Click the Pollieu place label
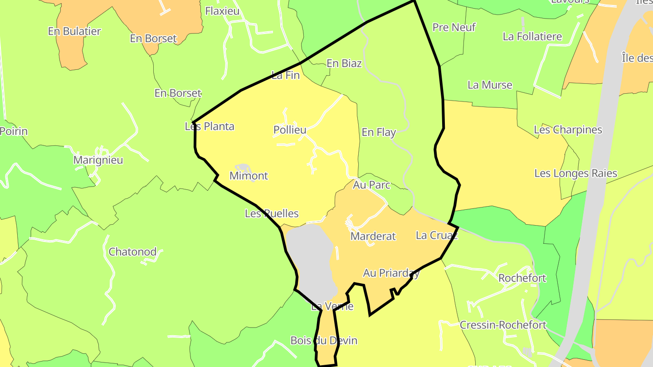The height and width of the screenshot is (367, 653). (290, 130)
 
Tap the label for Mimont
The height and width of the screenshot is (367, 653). (249, 176)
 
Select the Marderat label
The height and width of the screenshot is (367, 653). (373, 236)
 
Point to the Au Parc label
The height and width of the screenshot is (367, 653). (371, 185)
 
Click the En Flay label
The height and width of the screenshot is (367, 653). (379, 132)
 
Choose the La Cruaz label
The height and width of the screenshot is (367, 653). (437, 235)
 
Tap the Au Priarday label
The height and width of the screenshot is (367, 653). (391, 273)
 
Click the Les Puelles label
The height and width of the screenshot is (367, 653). (272, 213)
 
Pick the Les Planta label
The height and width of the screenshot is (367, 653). (210, 126)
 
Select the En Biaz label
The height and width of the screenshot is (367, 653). (344, 63)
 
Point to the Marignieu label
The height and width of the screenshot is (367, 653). (98, 160)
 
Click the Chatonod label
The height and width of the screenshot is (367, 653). (132, 252)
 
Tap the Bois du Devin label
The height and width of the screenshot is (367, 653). (324, 341)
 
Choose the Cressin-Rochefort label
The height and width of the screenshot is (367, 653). (503, 325)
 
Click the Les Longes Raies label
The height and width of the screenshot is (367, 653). (575, 174)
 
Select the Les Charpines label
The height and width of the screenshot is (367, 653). (568, 130)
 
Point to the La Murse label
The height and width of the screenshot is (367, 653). (490, 85)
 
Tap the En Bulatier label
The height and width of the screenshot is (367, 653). (74, 31)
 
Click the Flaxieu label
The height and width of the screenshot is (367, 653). (222, 11)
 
